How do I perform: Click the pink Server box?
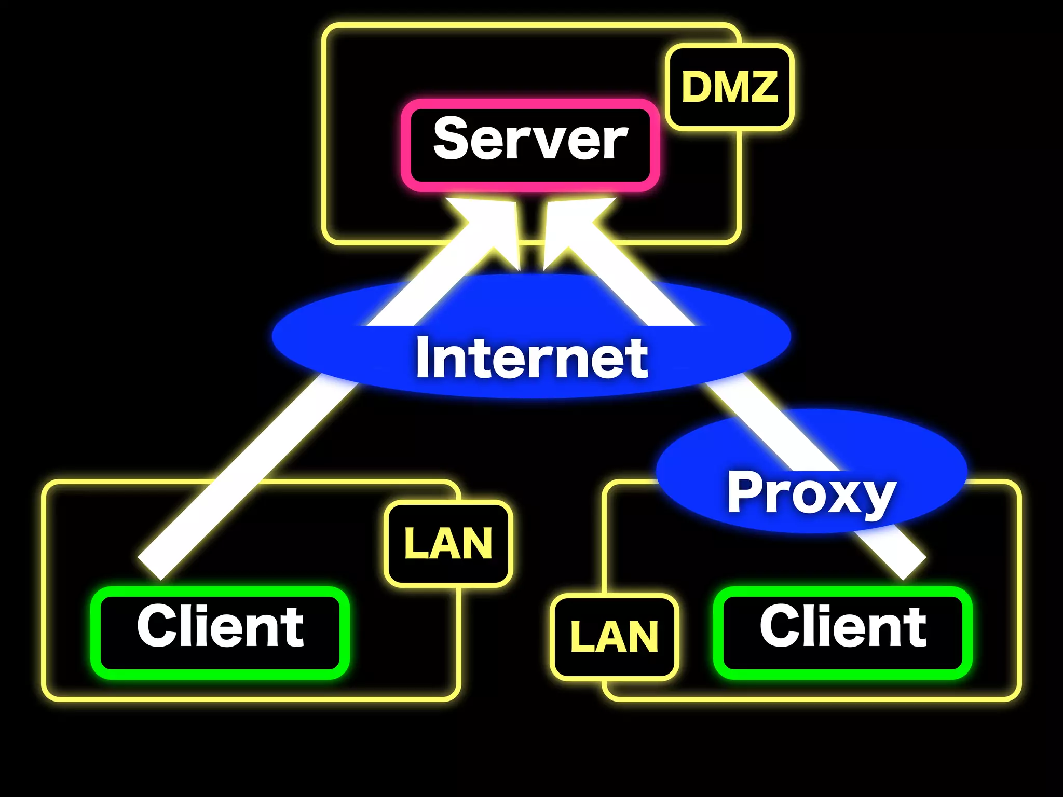point(530,145)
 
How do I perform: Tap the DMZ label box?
point(729,87)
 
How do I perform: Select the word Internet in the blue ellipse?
point(531,358)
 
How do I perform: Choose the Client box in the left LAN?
point(220,633)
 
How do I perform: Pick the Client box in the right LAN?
point(842,633)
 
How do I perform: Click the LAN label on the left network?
point(448,543)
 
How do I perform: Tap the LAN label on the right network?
point(614,637)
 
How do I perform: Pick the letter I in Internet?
point(424,358)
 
